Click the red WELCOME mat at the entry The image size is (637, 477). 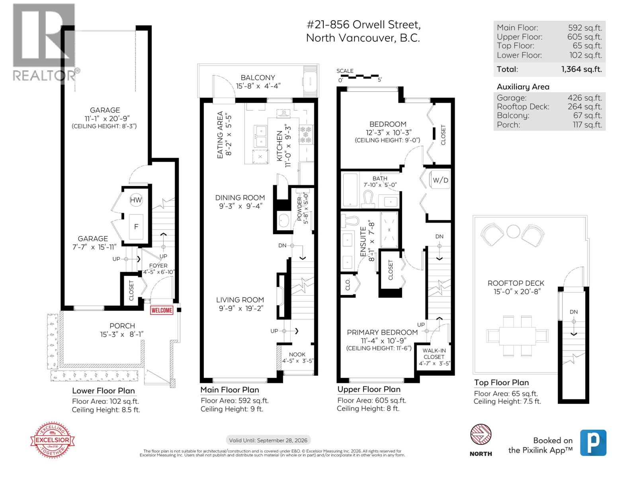162,310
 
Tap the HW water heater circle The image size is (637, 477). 136,200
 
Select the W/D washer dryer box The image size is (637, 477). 440,180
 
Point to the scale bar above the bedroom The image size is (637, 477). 358,76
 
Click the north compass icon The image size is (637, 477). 481,434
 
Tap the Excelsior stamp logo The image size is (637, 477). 53,440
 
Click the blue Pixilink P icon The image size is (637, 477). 593,442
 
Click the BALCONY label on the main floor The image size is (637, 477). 258,78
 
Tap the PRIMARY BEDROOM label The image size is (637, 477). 382,332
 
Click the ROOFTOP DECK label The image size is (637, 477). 516,283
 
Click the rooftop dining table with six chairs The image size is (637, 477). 517,336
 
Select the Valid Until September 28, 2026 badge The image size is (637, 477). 268,440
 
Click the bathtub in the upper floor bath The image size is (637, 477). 350,190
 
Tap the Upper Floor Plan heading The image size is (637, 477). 369,390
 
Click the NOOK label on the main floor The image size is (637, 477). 297,354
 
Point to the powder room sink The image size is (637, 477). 283,221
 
